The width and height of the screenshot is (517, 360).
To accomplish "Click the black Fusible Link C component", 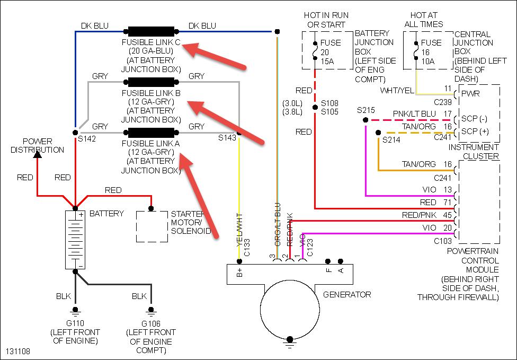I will (151, 31).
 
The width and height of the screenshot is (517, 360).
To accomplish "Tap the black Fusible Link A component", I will (151, 131).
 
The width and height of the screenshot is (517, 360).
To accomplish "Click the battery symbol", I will (75, 239).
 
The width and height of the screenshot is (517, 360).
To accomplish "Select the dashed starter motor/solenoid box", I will (152, 226).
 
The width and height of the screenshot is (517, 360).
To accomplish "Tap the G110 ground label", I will (74, 323).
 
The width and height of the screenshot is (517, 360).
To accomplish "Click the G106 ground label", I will (151, 323).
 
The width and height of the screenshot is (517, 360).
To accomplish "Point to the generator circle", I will (290, 308).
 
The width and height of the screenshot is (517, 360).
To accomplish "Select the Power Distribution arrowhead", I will (38, 154).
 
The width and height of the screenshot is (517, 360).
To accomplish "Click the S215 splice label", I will (366, 110).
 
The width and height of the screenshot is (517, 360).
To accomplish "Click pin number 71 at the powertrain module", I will (447, 203).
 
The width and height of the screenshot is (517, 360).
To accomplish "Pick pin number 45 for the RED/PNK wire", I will (447, 215).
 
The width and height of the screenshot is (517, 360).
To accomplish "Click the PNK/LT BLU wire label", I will (414, 115).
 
